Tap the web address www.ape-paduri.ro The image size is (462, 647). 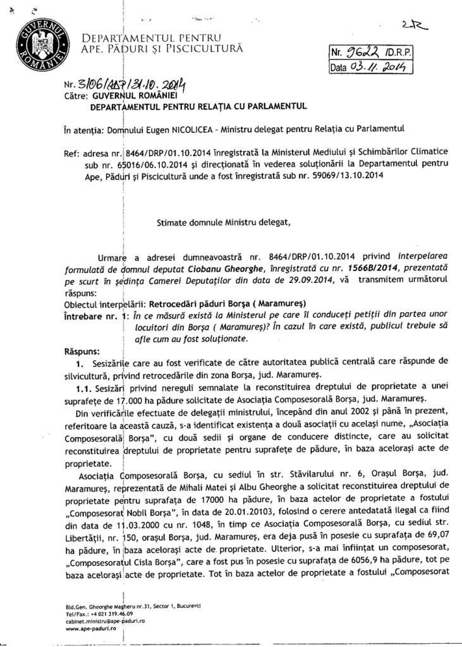pyautogui.click(x=91, y=629)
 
